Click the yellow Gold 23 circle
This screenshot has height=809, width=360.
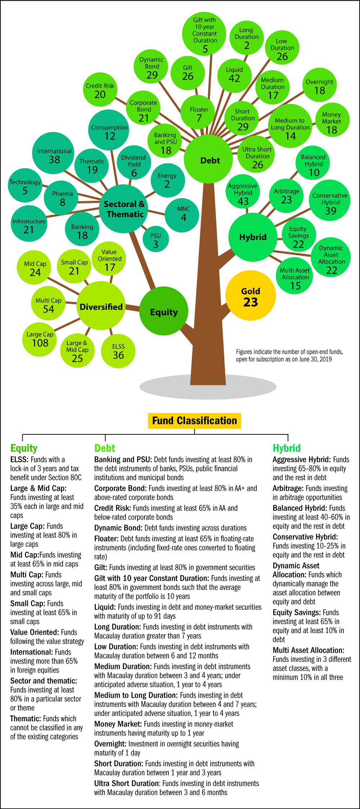251,295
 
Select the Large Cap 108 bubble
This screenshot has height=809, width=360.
40,339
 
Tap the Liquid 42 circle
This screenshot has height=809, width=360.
234,75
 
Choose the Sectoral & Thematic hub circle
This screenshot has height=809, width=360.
124,209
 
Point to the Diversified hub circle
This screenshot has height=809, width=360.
101,306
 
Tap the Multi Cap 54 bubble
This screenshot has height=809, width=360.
49,305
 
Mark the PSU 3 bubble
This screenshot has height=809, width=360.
156,240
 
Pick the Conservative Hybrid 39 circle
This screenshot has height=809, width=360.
330,200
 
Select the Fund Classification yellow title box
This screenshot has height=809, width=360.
194,421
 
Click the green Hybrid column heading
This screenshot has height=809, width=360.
287,448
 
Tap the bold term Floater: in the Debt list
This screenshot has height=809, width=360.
106,539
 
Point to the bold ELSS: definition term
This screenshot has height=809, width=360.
19,460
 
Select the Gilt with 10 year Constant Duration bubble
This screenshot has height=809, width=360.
204,34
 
